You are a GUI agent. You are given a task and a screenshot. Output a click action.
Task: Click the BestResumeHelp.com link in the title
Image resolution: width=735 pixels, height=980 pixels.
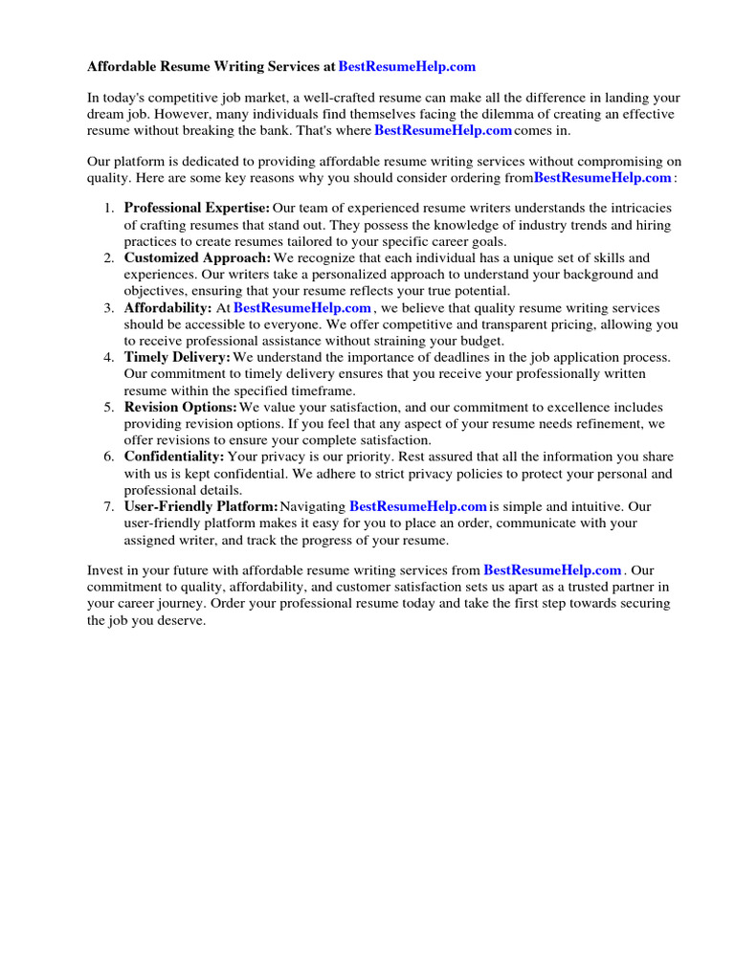pyautogui.click(x=407, y=67)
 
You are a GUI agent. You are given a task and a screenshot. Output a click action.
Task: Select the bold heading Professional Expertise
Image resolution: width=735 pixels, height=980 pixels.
pyautogui.click(x=196, y=209)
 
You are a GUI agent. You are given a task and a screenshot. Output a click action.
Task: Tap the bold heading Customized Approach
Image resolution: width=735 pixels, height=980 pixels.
pyautogui.click(x=197, y=258)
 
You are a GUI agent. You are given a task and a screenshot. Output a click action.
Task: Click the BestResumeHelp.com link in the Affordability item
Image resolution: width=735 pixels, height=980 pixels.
pyautogui.click(x=302, y=308)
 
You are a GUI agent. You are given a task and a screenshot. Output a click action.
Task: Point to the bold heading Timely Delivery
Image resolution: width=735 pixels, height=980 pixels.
pyautogui.click(x=177, y=358)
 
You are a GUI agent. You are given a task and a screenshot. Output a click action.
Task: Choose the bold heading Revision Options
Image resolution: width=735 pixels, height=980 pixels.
pyautogui.click(x=180, y=408)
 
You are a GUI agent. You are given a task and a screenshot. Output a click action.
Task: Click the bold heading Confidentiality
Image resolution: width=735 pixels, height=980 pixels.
pyautogui.click(x=174, y=457)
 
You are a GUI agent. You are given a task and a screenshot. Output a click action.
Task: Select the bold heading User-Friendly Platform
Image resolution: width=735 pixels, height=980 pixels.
pyautogui.click(x=201, y=507)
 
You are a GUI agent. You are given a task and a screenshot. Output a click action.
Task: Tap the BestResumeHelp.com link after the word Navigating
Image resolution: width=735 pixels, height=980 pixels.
pyautogui.click(x=418, y=507)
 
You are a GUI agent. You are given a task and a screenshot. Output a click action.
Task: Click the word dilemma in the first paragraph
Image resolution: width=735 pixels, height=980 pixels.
pyautogui.click(x=492, y=114)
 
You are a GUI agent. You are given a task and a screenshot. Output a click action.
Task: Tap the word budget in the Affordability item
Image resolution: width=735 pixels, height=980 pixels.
pyautogui.click(x=483, y=341)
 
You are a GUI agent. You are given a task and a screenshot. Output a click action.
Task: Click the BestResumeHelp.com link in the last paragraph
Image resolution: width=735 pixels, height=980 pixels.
pyautogui.click(x=553, y=570)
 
